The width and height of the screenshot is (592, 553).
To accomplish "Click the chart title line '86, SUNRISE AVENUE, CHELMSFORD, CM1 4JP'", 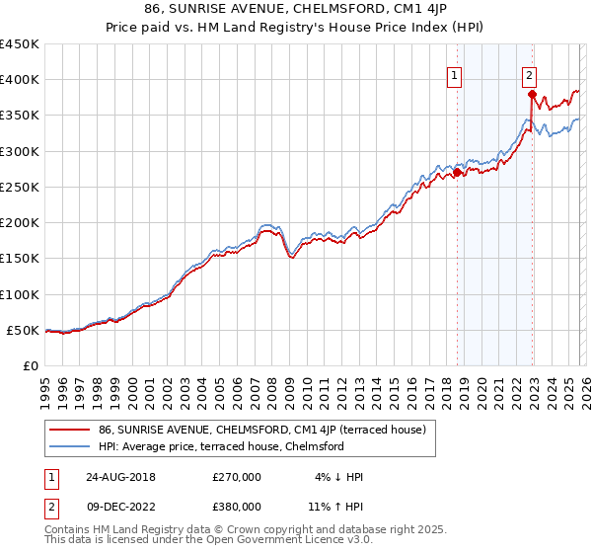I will coord(296,9).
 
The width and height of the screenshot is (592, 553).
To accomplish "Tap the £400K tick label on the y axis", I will coord(20,80).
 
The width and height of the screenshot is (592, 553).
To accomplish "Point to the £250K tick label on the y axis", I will coord(20,187).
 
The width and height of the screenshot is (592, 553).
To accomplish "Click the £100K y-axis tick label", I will coord(20,294).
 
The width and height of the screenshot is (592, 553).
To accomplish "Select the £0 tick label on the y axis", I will coord(32,366).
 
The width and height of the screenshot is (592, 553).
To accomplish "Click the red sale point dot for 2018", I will coord(457,173).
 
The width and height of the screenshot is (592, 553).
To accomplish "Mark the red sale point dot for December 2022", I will coord(532,95).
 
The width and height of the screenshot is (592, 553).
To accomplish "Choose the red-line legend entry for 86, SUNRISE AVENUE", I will coord(261,430).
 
